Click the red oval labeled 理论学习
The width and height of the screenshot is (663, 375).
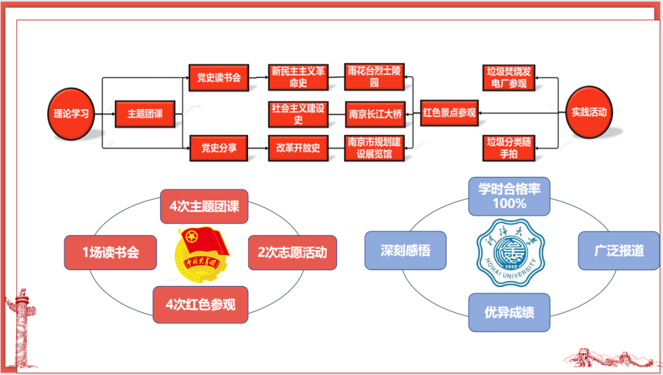pos(71,114)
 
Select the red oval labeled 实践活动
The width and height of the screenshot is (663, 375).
pos(588,112)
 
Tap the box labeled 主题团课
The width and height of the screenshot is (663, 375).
pos(145,114)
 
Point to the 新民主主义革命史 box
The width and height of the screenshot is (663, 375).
pos(298,77)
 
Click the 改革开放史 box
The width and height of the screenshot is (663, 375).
pos(298,148)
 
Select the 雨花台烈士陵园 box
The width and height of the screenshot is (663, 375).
pos(374,77)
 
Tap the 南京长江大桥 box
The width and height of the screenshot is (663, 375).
pos(374,114)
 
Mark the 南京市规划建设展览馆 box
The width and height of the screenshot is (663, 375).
pos(374,148)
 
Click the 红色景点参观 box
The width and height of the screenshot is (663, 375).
pos(449,113)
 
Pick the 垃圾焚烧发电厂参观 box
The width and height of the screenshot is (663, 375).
pos(509,78)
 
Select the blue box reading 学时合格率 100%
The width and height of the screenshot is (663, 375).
pos(509,196)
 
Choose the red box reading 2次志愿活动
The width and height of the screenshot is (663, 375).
pos(292,252)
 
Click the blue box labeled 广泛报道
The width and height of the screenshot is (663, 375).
pos(619,250)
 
